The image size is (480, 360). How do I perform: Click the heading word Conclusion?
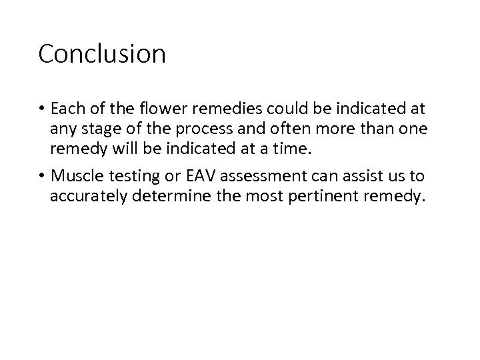[x=102, y=54]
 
